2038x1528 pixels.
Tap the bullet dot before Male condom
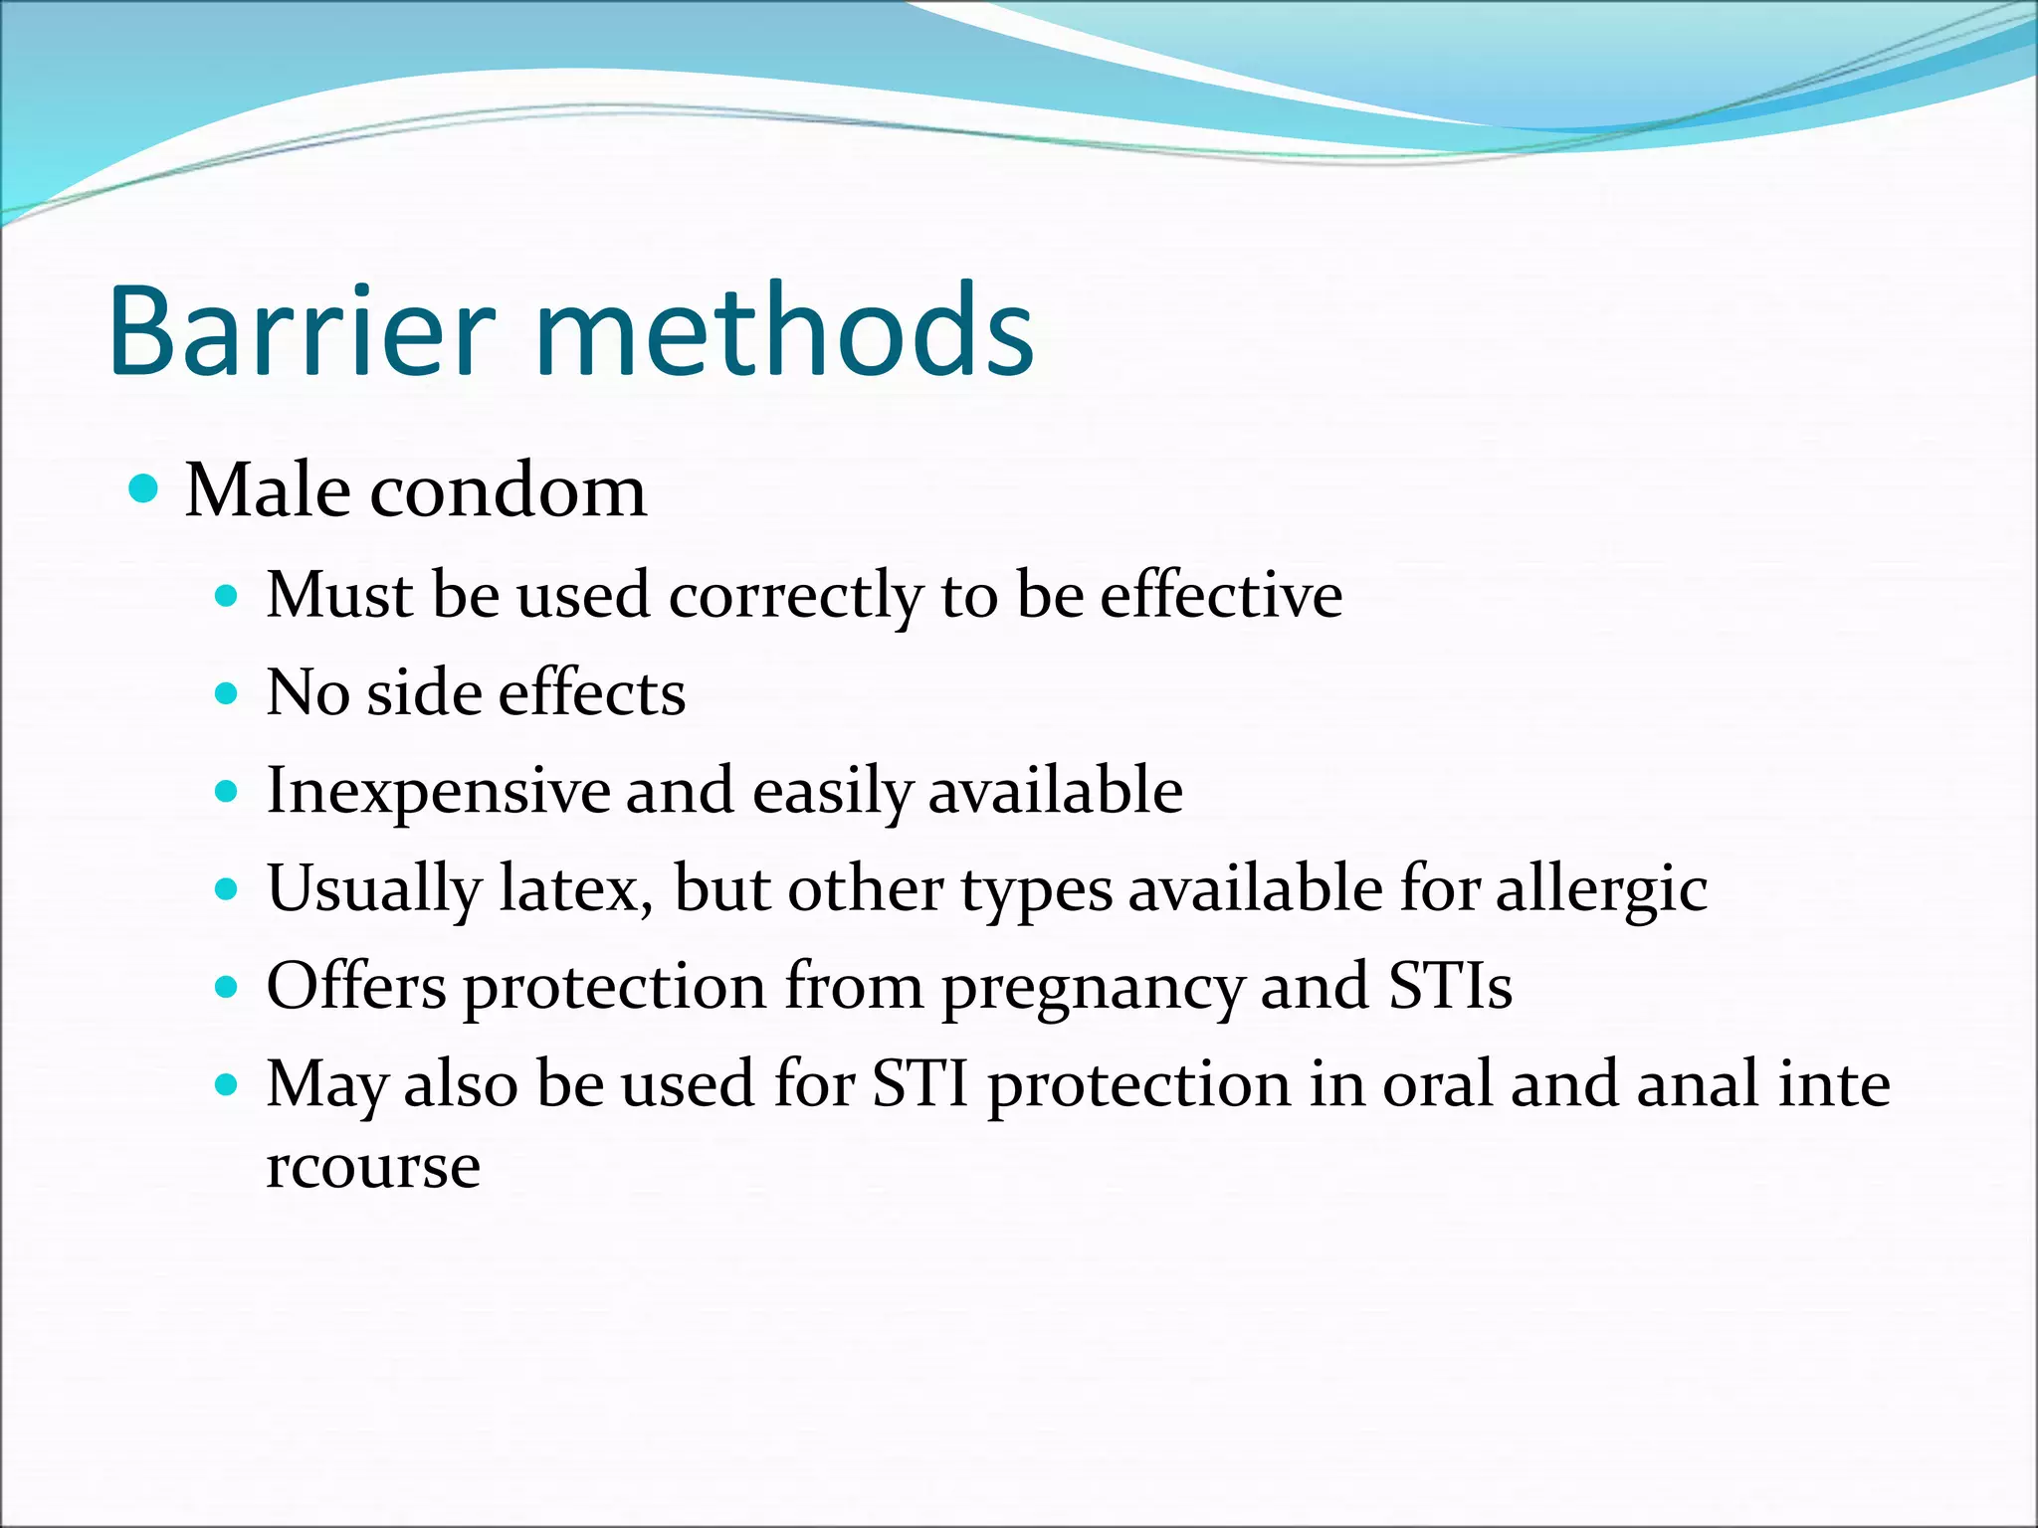(145, 489)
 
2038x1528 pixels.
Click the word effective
(1221, 595)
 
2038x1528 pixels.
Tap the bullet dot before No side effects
(228, 693)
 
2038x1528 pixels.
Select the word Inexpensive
(437, 792)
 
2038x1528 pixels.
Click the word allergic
(1601, 888)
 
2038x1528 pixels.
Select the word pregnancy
(1092, 988)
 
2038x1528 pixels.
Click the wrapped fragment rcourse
(373, 1166)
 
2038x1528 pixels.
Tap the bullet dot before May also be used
(228, 1083)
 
